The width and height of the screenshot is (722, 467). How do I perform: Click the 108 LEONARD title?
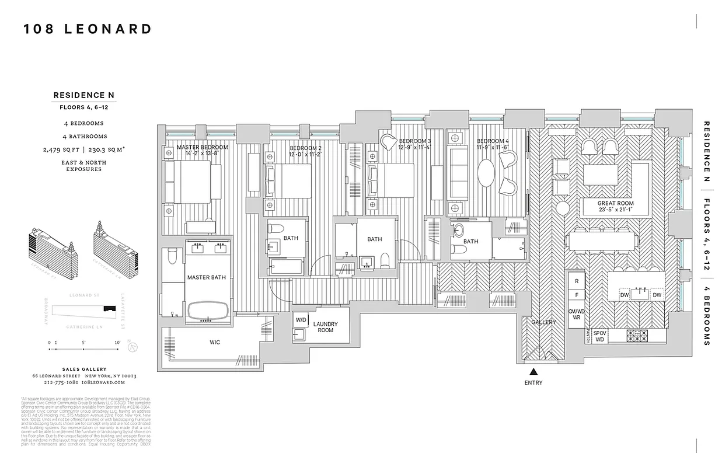tap(88, 29)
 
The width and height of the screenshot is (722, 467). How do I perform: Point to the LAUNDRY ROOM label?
tap(325, 327)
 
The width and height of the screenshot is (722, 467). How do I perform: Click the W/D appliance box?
tap(301, 320)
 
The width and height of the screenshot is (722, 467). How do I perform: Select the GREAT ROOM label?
tap(615, 204)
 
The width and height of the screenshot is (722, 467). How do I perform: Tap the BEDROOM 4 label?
tap(493, 141)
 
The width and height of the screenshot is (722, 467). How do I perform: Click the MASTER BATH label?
tap(206, 277)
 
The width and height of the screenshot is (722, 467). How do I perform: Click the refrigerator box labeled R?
tap(577, 281)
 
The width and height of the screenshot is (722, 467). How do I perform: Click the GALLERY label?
tap(543, 322)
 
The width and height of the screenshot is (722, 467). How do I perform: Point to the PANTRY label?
tap(587, 336)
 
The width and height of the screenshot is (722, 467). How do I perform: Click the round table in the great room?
tap(562, 208)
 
